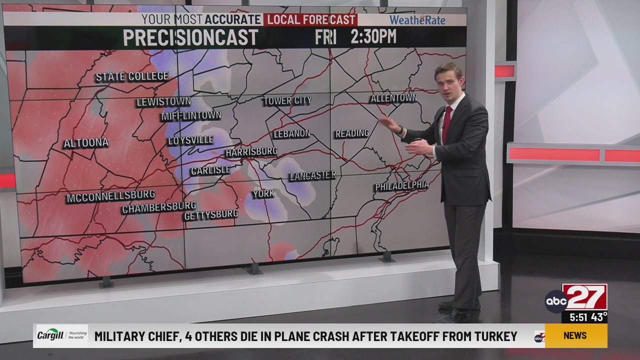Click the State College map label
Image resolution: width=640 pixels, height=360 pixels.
point(132,76)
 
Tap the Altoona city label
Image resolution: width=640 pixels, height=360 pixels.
point(86,143)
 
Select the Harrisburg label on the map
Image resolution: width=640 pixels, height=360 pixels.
point(251,151)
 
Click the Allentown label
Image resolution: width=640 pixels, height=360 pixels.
point(393,98)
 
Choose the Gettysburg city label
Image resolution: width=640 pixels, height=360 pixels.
point(211,215)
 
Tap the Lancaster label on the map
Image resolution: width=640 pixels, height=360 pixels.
point(312,175)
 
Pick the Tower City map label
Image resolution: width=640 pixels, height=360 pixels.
point(287,101)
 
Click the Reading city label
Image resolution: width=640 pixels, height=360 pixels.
point(352,133)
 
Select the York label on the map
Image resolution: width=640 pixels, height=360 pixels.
point(263,193)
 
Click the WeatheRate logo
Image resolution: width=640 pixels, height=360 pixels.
point(417,20)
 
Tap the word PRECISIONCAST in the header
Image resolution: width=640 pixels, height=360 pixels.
point(190,38)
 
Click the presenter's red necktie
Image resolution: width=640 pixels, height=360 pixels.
point(446,123)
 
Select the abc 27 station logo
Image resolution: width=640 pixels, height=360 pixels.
point(576,299)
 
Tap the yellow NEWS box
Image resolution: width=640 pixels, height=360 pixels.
point(575,335)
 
